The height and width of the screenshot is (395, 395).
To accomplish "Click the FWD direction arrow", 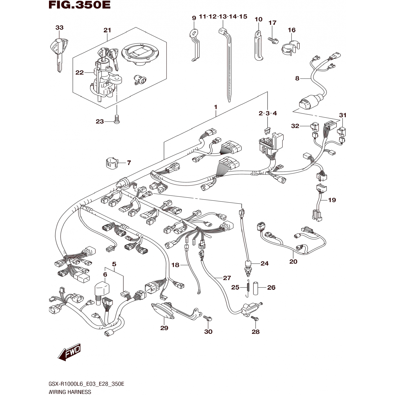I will (x=69, y=352).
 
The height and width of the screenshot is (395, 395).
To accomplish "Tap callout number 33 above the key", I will (x=60, y=28).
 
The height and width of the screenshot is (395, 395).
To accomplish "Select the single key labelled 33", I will (x=59, y=53).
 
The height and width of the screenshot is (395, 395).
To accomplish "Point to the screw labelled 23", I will (x=117, y=119).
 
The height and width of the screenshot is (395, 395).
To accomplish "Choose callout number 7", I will (x=129, y=163).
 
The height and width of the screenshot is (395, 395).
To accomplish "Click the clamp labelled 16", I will (x=291, y=47).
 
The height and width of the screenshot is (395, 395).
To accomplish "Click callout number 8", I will (x=297, y=78).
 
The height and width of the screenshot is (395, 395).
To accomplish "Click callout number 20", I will (x=293, y=261).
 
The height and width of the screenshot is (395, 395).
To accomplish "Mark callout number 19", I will (x=332, y=200).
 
